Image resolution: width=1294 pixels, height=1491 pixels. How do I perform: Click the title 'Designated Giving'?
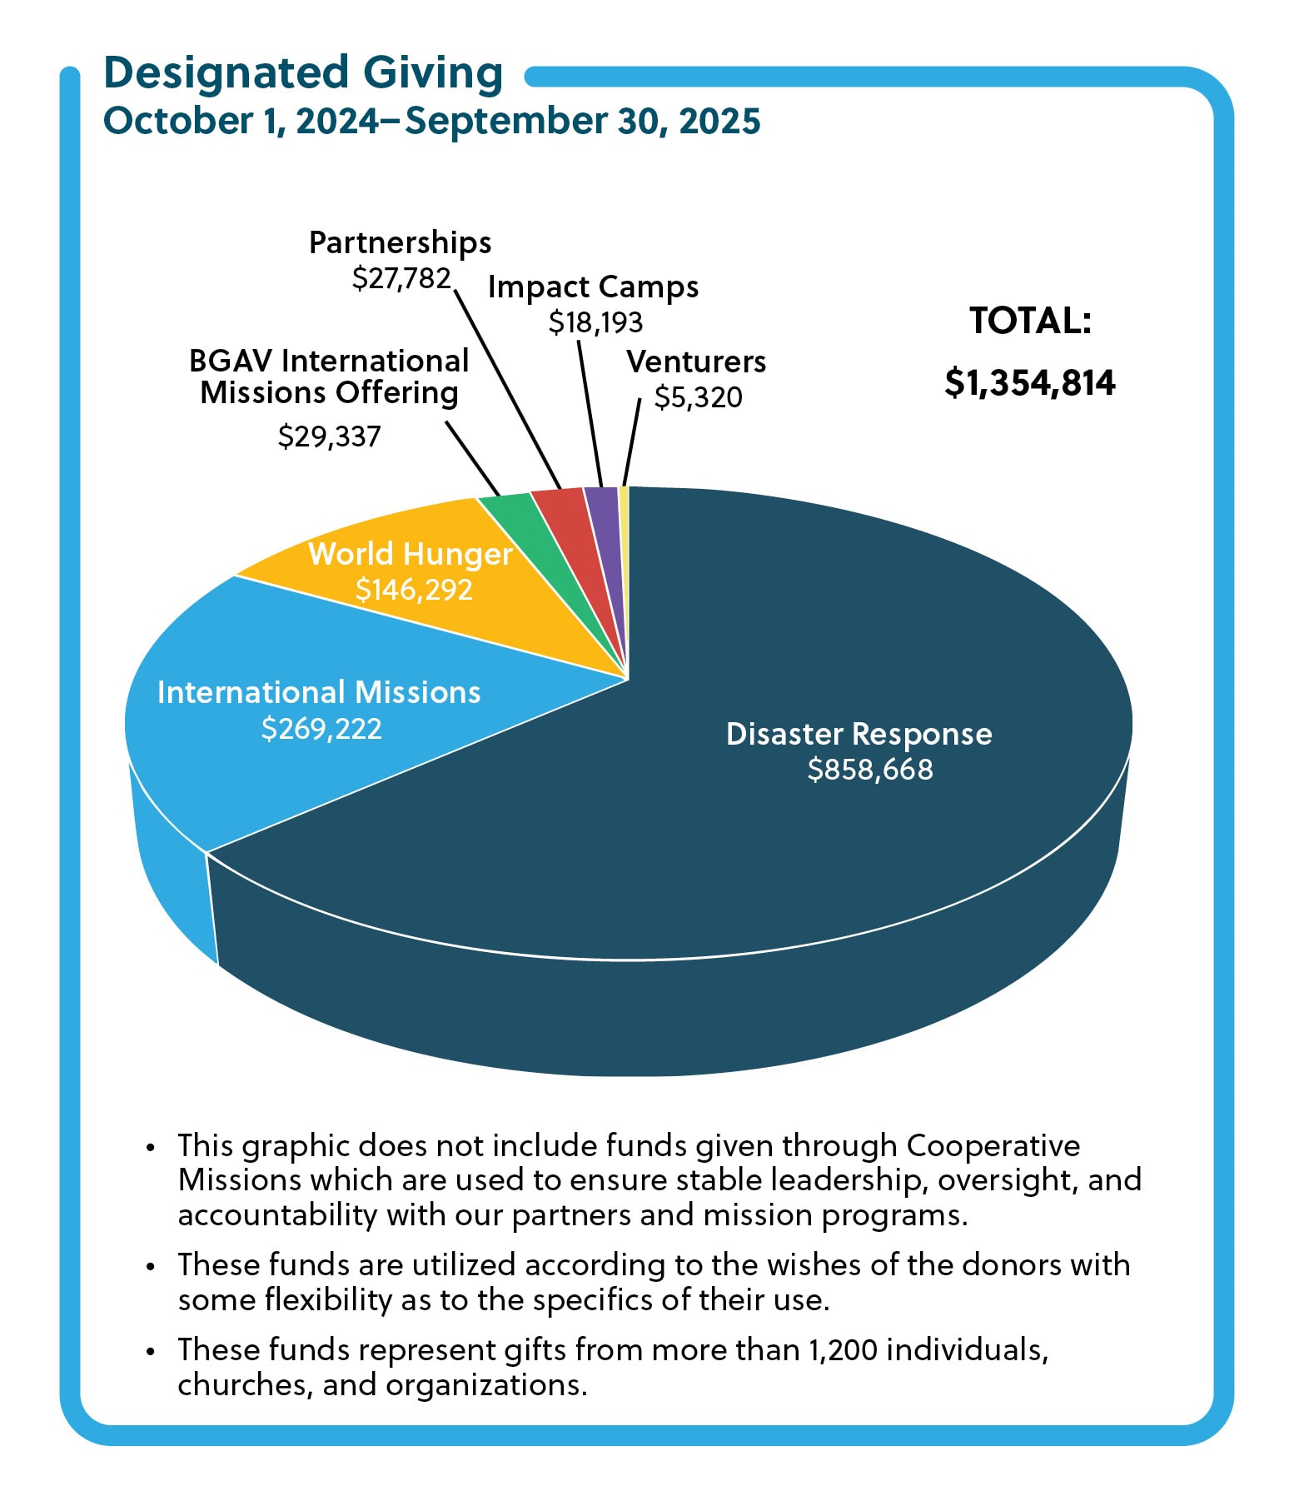tap(303, 73)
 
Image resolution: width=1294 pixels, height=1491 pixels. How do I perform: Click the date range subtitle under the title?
tap(431, 121)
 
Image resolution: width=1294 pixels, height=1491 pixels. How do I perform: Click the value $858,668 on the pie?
tap(869, 770)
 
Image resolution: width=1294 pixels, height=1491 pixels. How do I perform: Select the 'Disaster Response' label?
tap(859, 734)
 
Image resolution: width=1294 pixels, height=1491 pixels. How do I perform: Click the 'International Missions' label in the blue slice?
tap(319, 692)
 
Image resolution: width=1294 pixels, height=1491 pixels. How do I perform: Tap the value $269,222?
tap(321, 729)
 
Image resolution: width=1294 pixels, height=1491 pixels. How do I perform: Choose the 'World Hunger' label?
tap(410, 554)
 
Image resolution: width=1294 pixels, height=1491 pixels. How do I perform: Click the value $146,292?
tap(414, 590)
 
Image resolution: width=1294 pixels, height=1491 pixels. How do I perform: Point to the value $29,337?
tap(329, 436)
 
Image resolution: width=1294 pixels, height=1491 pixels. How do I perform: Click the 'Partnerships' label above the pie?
tap(400, 242)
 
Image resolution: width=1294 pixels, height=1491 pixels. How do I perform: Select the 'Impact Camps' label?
tap(593, 287)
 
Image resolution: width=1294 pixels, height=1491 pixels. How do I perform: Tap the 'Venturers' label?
tap(696, 362)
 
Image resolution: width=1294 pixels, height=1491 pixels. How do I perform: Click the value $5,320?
tap(698, 397)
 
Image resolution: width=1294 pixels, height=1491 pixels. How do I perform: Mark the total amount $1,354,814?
tap(1030, 382)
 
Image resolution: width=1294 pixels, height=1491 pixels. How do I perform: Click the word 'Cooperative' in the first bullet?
tap(993, 1145)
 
